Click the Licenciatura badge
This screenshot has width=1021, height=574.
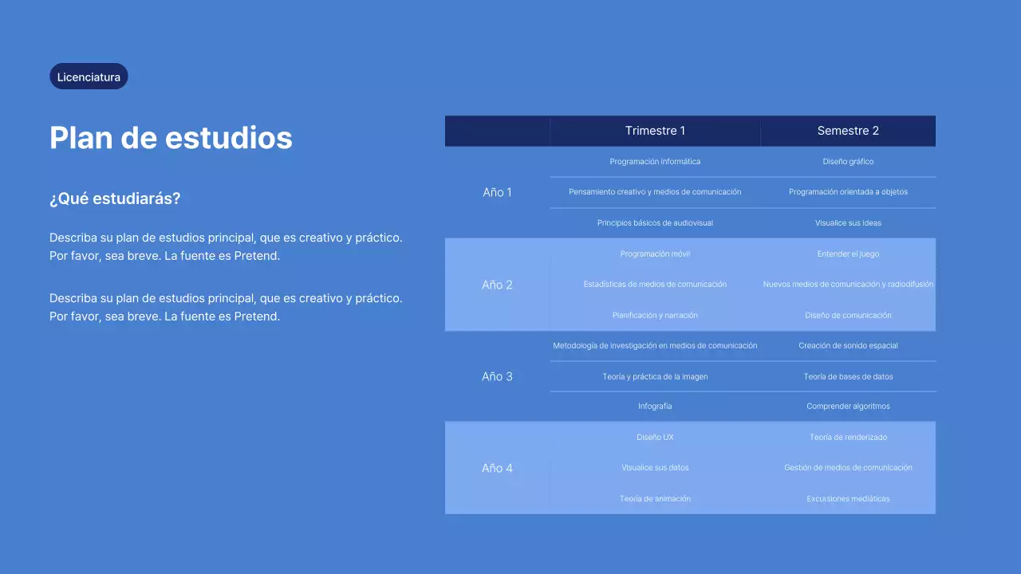point(89,77)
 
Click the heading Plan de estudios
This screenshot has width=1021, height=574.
point(171,138)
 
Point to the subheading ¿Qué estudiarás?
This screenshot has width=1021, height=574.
point(115,199)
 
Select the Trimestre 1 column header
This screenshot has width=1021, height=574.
point(655,131)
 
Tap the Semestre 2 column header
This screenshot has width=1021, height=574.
point(848,131)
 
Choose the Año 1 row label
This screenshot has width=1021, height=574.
point(497,192)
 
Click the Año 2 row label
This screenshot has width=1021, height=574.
point(497,285)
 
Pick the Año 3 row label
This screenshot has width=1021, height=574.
point(497,376)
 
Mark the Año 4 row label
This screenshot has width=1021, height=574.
point(497,468)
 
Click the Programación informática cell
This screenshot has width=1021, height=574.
point(655,162)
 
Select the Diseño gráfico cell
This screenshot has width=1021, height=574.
point(848,162)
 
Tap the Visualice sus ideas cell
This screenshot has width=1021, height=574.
point(848,223)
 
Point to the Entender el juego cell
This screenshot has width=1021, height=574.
point(848,254)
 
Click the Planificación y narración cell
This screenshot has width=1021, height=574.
point(655,316)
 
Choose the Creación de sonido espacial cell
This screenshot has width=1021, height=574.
point(848,346)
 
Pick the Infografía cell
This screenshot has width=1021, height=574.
point(655,407)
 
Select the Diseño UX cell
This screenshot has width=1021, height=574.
point(655,438)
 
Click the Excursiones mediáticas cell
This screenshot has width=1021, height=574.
point(848,499)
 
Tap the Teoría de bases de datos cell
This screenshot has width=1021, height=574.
point(848,377)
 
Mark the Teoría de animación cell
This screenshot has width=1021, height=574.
point(655,499)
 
